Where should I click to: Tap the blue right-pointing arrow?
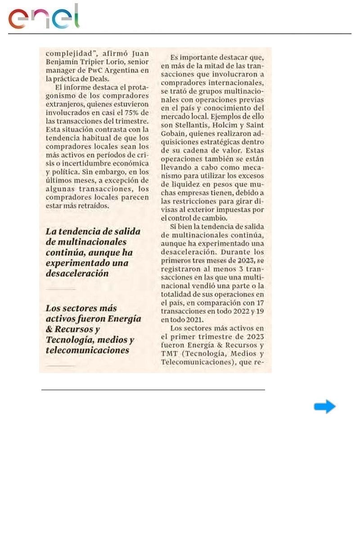[324, 407]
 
